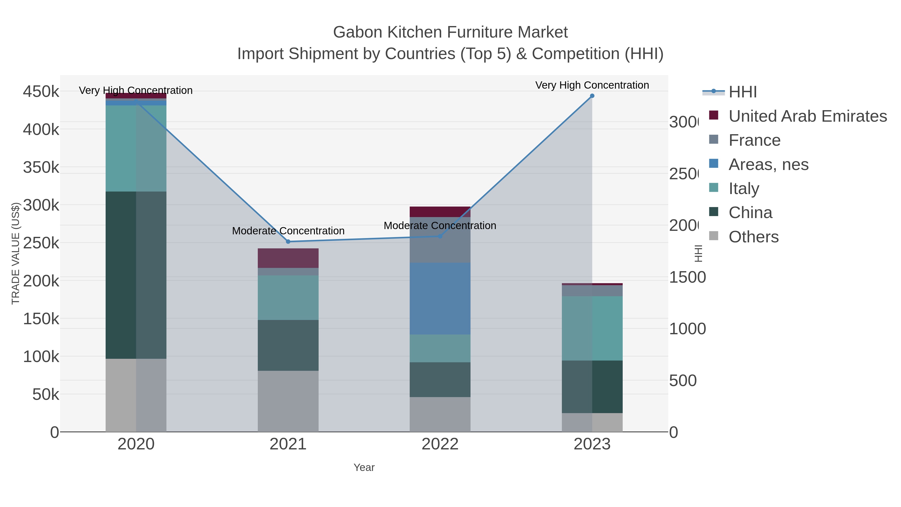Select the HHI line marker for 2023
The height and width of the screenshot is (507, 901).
[x=592, y=96]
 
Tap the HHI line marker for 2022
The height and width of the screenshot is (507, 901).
[x=440, y=236]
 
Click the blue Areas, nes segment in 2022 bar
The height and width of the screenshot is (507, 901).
[x=440, y=298]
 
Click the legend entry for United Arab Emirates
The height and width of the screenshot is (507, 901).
[x=807, y=116]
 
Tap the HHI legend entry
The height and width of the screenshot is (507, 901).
[x=742, y=92]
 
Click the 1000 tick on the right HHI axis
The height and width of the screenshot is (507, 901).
[x=687, y=329]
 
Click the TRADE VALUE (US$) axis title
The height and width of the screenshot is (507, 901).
[x=16, y=253]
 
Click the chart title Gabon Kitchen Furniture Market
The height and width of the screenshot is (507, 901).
[x=450, y=32]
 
